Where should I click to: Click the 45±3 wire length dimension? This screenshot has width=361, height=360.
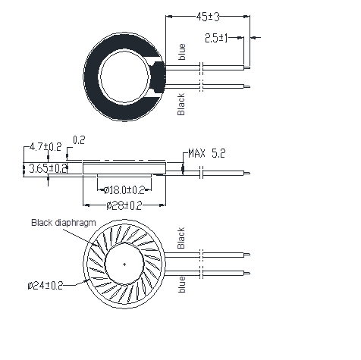coord(208,17)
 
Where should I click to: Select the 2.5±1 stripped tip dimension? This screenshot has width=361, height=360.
coord(216,38)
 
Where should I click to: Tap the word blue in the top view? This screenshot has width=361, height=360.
coord(182,52)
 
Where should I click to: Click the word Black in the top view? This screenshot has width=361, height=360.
coord(181,105)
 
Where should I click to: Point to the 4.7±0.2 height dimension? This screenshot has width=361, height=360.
coord(46,147)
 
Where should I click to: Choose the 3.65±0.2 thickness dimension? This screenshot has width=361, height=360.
coord(48,168)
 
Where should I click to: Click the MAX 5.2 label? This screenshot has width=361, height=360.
coord(207,153)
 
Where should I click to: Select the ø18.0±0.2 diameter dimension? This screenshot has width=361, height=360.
coord(124,190)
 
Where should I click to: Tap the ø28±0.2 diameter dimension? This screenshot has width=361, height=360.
coord(124,205)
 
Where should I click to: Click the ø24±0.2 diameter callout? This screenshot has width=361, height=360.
coord(46,286)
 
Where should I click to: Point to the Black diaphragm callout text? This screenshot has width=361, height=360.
coord(64,223)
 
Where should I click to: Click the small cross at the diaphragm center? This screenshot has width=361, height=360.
coord(124,265)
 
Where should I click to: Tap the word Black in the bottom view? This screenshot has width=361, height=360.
coord(181,238)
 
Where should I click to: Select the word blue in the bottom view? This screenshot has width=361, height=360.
coord(182,284)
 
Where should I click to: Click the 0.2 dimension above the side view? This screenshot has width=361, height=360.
coord(79,140)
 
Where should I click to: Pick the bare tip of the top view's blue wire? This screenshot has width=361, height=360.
coord(247,67)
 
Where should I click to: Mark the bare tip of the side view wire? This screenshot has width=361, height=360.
coord(247,174)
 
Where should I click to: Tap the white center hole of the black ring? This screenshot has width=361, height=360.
coord(124,77)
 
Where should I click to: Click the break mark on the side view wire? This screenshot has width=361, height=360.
coord(202,173)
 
